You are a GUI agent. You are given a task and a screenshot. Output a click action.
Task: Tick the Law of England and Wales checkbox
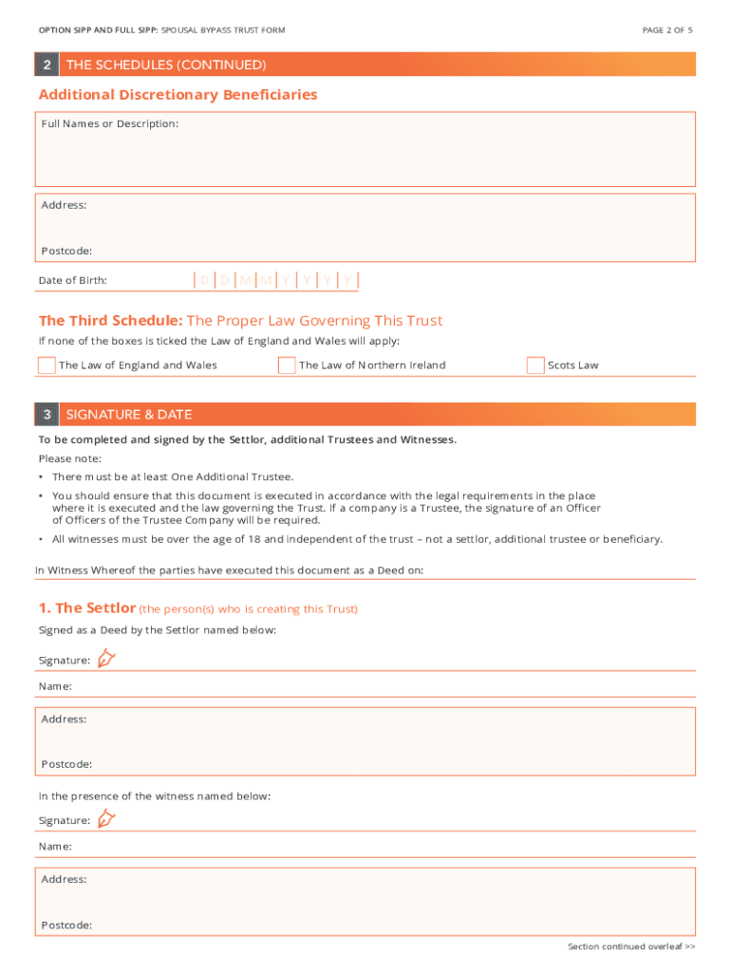tap(47, 365)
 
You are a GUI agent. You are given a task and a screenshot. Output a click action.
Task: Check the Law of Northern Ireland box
tap(287, 365)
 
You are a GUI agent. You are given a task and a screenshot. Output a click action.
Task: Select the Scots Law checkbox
tap(535, 365)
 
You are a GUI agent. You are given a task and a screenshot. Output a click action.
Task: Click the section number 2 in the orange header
tap(47, 65)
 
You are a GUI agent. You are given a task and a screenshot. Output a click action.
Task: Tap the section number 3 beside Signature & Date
tap(47, 415)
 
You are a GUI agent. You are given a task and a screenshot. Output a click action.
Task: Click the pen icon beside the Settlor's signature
tap(105, 658)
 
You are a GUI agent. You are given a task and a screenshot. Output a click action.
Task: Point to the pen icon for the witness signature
tap(105, 818)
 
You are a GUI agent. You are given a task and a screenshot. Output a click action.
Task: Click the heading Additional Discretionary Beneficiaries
tap(178, 95)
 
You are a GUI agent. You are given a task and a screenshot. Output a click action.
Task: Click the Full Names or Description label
tap(109, 124)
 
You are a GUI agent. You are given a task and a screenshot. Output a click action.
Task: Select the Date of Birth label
tap(72, 281)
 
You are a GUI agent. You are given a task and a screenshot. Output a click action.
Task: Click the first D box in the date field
tap(205, 280)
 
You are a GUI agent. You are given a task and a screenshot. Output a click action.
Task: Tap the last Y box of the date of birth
tap(348, 280)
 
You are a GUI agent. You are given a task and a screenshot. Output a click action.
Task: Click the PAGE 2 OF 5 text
tap(666, 30)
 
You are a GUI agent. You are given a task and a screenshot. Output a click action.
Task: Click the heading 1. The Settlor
tap(87, 607)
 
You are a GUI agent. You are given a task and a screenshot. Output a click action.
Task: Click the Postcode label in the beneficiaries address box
tap(66, 251)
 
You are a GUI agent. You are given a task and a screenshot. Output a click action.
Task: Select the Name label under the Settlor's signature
tap(55, 685)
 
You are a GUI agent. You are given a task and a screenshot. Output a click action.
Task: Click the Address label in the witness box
tap(64, 879)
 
